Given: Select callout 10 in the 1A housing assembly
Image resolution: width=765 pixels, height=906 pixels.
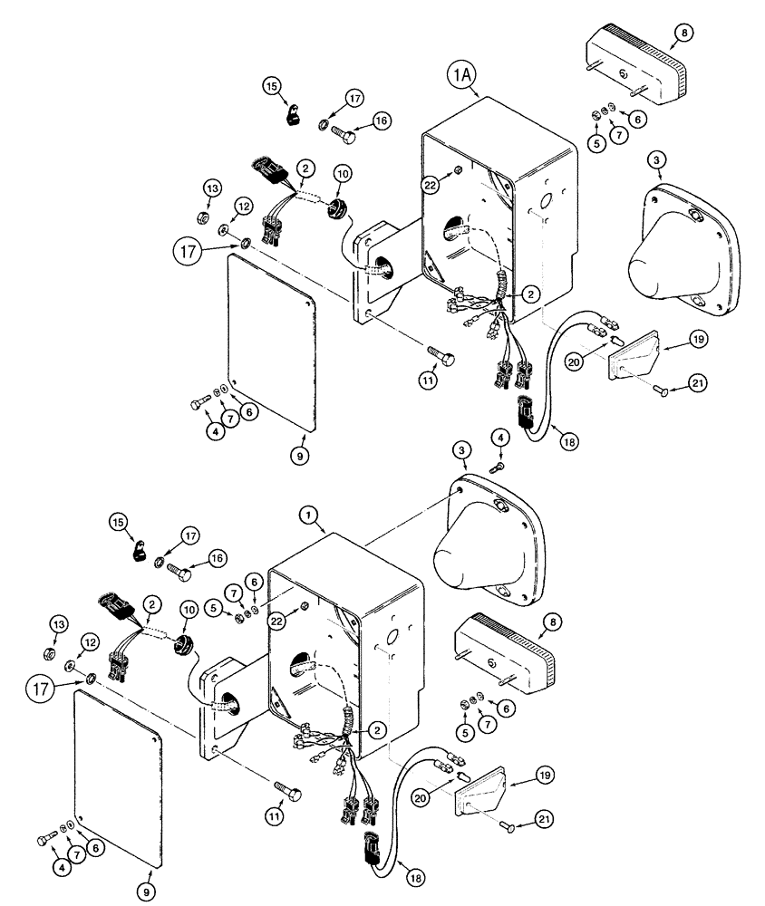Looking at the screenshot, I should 343,172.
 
